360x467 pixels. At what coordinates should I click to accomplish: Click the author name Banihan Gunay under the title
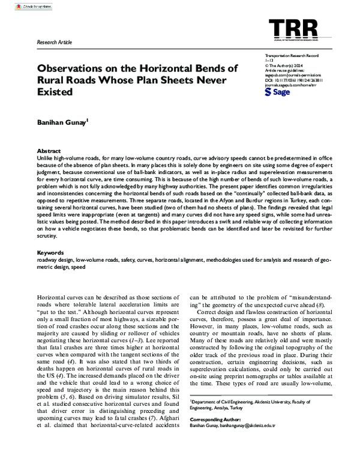click(x=62, y=121)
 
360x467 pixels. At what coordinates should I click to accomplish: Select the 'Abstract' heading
click(x=49, y=151)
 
